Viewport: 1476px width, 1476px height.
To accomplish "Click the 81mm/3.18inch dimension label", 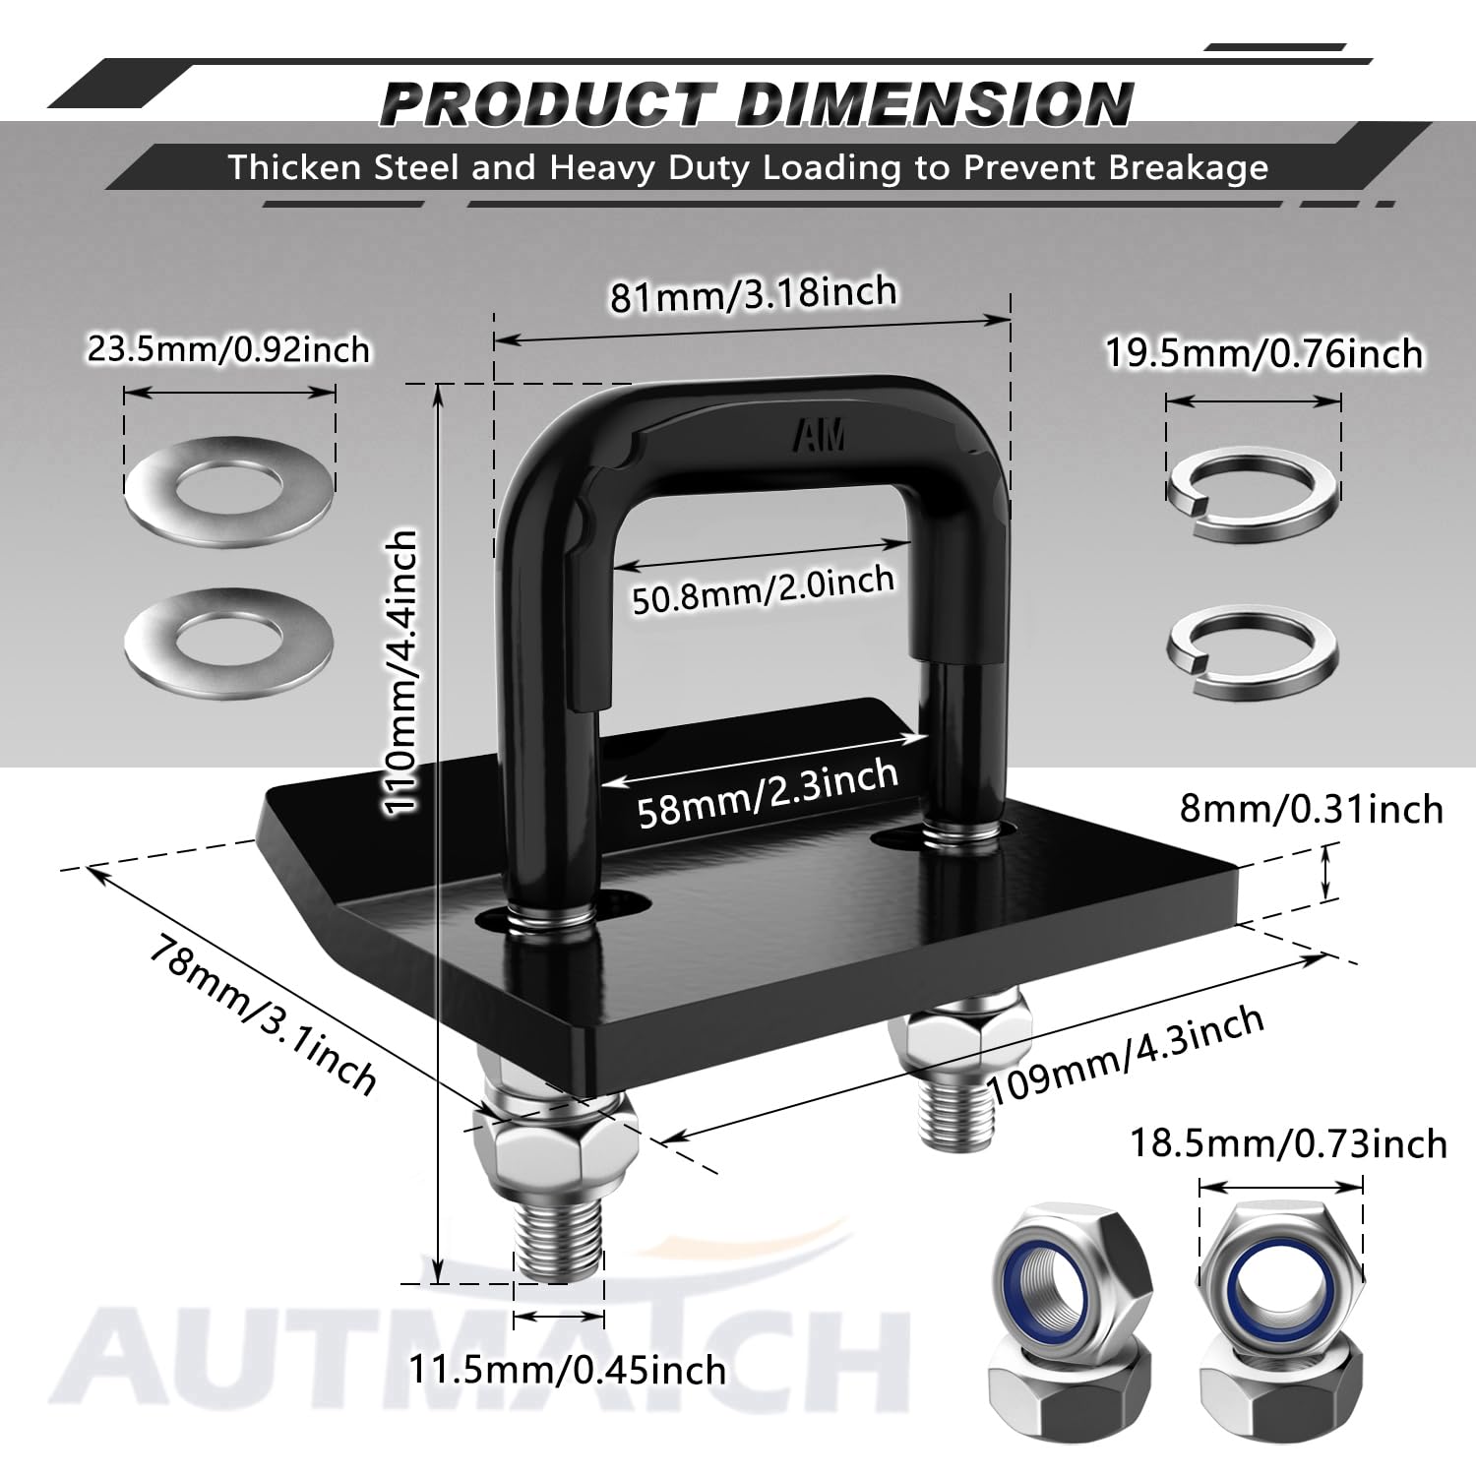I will click(x=753, y=293).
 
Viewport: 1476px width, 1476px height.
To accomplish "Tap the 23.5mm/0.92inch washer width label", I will click(x=228, y=349).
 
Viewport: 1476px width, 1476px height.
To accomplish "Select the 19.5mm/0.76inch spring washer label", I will click(x=1264, y=352).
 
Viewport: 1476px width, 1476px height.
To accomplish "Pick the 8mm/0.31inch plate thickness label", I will click(x=1311, y=809).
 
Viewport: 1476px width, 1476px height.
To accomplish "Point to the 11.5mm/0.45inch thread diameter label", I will click(x=568, y=1369).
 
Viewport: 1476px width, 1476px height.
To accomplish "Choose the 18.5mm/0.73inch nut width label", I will click(x=1288, y=1143).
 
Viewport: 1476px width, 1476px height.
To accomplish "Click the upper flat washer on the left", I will click(x=229, y=487).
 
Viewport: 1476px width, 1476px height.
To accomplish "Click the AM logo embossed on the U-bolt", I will click(x=821, y=436).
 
